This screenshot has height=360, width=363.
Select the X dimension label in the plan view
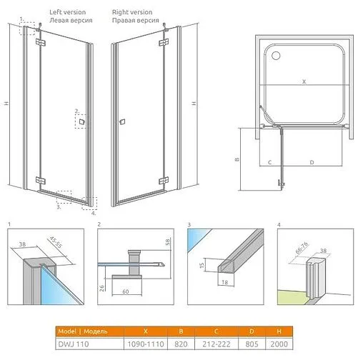coord(303,82)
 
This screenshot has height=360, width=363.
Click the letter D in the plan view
coord(312,162)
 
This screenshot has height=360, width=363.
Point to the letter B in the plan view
coord(237,159)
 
